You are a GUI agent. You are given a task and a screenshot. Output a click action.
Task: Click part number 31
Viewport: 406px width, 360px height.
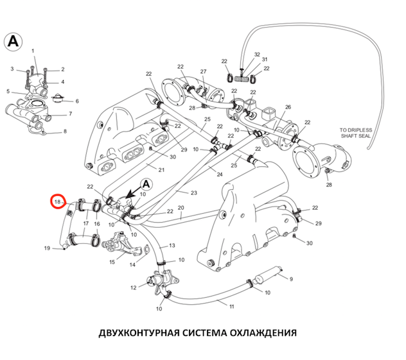pos(263,60)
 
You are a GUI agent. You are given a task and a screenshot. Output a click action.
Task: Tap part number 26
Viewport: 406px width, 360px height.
pos(288,107)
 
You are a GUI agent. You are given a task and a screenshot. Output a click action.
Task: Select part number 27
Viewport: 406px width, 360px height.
pos(203,71)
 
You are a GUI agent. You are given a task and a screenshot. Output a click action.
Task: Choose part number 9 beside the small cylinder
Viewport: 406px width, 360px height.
pos(290,279)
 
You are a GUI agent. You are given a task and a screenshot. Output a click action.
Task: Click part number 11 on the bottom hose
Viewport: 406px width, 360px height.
pos(231,306)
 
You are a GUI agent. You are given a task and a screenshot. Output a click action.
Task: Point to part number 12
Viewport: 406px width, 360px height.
pos(133,287)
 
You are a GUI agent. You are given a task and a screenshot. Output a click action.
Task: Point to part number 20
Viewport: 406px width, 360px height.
pos(181,208)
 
